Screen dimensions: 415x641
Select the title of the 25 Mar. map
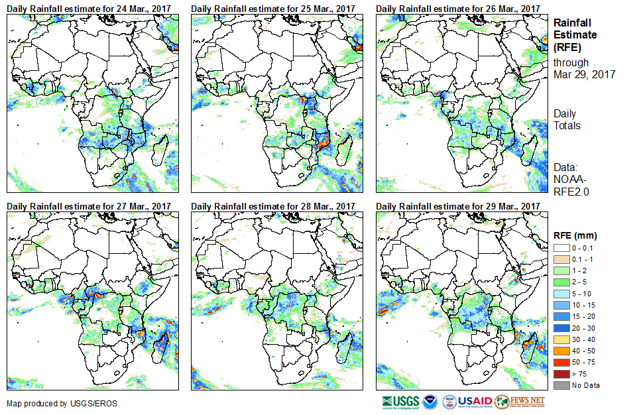tap(273, 8)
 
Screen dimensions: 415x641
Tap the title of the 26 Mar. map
tap(457, 8)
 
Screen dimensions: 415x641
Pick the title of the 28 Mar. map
tap(273, 206)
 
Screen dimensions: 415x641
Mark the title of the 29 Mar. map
tap(457, 206)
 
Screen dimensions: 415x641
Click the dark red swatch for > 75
tap(561, 374)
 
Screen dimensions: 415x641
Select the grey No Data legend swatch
tap(561, 385)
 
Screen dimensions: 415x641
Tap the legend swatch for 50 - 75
tap(561, 362)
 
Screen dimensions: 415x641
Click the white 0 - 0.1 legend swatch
tap(561, 248)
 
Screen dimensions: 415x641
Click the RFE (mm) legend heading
tap(575, 235)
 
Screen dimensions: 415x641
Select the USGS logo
tap(400, 402)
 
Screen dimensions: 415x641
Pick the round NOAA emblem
tap(432, 402)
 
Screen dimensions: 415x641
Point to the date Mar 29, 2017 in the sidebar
tap(585, 74)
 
